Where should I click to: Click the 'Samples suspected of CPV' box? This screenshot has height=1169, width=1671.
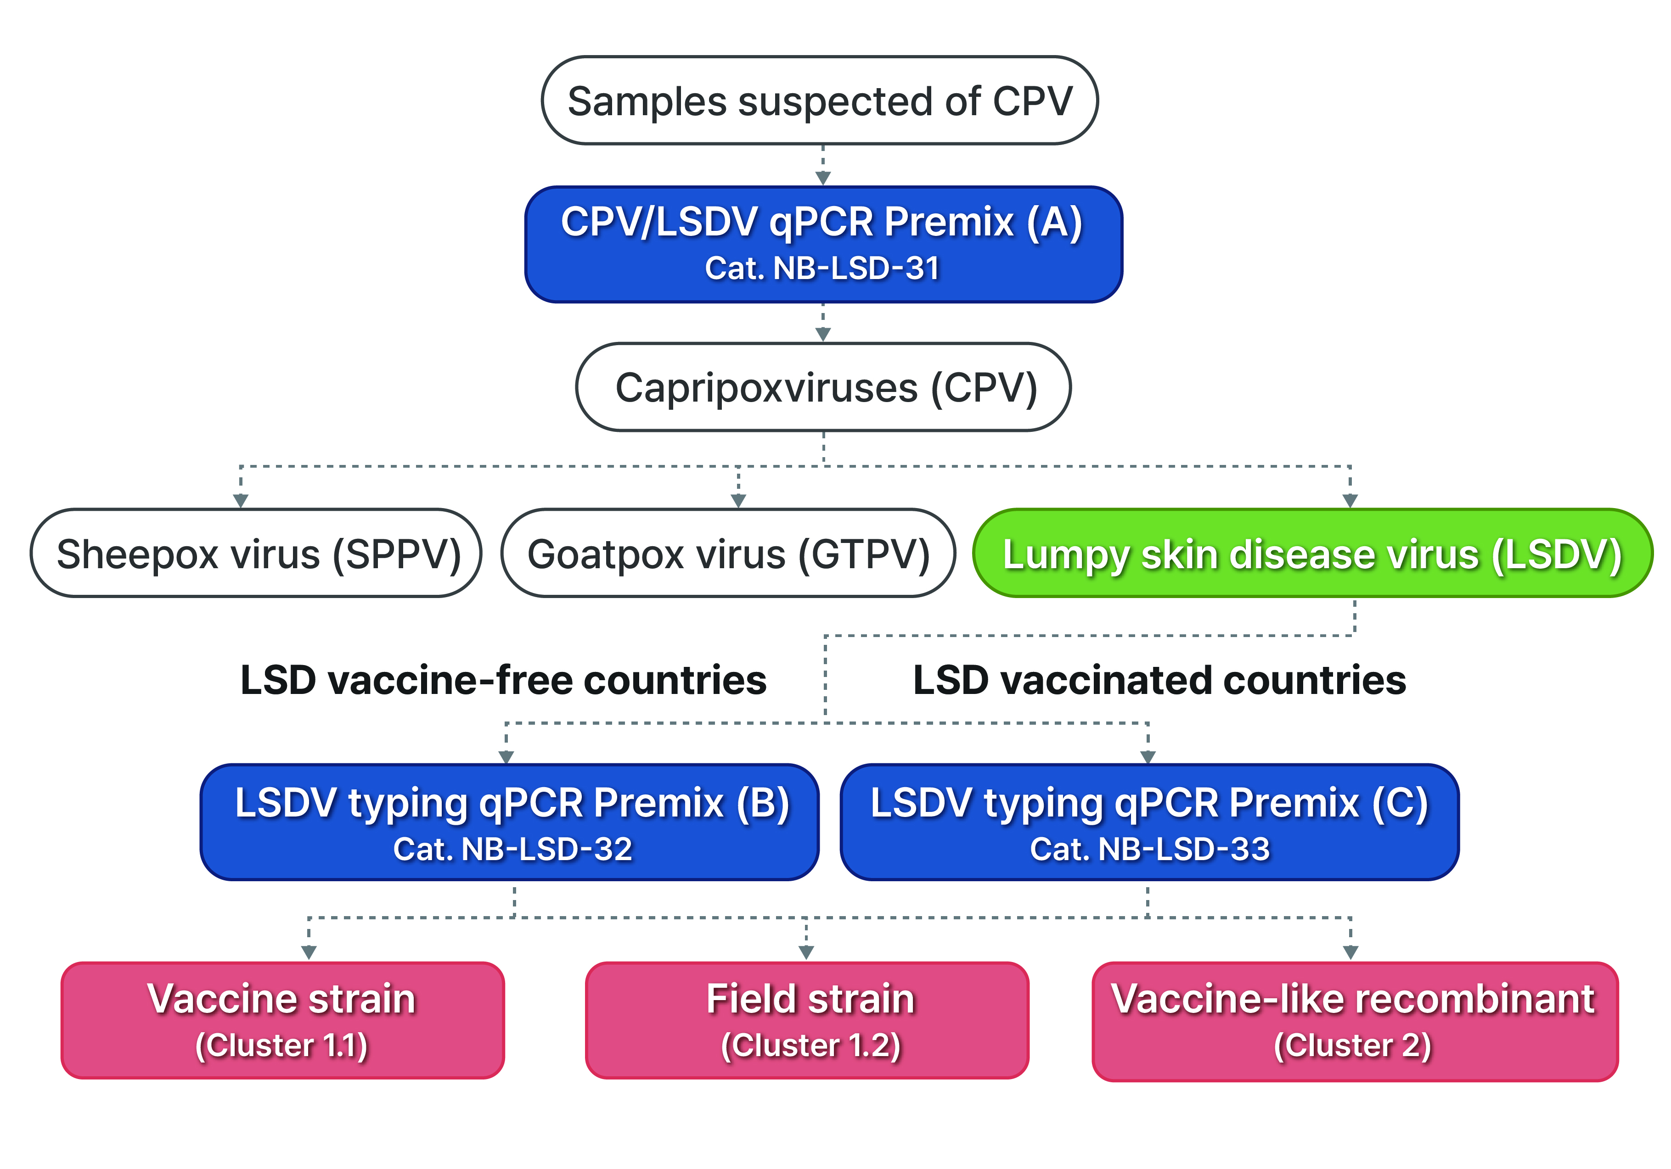point(820,101)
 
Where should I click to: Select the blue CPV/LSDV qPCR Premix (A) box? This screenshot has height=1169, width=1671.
point(823,245)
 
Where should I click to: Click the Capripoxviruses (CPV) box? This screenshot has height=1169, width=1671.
point(823,387)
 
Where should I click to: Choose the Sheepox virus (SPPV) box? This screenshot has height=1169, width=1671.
point(255,553)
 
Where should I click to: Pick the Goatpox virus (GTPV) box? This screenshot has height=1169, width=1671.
point(728,553)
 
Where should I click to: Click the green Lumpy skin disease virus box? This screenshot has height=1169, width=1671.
point(1313,553)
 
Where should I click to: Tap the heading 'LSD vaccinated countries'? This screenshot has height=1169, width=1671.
point(1159,680)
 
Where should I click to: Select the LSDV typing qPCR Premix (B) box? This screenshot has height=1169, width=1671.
point(509,822)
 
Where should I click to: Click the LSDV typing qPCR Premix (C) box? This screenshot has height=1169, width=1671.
point(1150,822)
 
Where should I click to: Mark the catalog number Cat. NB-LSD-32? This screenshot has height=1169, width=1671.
point(512,849)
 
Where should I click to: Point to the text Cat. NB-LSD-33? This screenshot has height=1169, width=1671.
point(1150,849)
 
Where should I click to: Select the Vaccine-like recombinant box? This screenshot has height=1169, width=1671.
point(1355,1021)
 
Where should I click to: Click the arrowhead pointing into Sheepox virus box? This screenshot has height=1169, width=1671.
point(241,500)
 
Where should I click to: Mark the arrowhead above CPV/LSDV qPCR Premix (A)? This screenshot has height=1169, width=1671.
point(823,178)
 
